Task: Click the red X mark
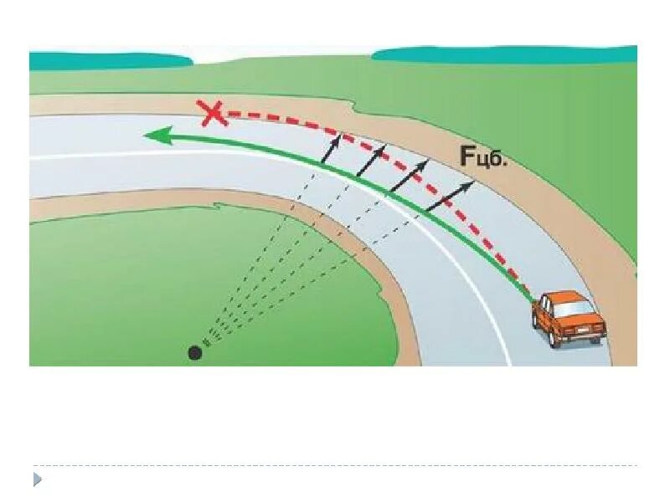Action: [213, 112]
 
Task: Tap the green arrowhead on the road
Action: [157, 135]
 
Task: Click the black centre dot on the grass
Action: [195, 352]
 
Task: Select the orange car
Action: [568, 318]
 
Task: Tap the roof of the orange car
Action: [560, 300]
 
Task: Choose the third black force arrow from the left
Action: [406, 175]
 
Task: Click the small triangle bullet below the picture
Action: [38, 479]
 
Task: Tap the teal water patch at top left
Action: [109, 60]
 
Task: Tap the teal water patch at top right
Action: [502, 54]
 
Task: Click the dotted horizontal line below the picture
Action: [335, 466]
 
